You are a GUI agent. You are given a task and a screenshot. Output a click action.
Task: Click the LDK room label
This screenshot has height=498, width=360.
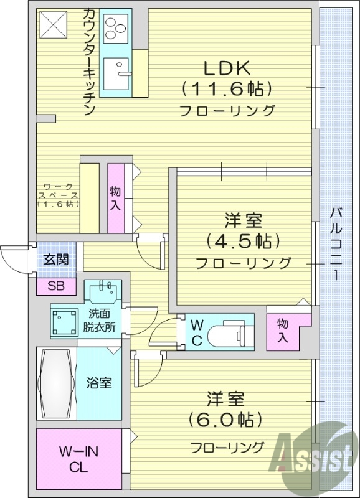(226, 68)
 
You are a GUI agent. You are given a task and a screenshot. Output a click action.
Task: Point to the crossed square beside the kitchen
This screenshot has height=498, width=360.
(54, 26)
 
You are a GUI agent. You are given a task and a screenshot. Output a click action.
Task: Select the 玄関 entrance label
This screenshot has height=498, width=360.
(56, 260)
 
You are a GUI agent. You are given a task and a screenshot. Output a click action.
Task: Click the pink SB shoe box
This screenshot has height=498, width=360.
(56, 286)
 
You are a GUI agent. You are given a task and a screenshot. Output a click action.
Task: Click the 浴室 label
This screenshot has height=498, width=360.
(99, 383)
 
